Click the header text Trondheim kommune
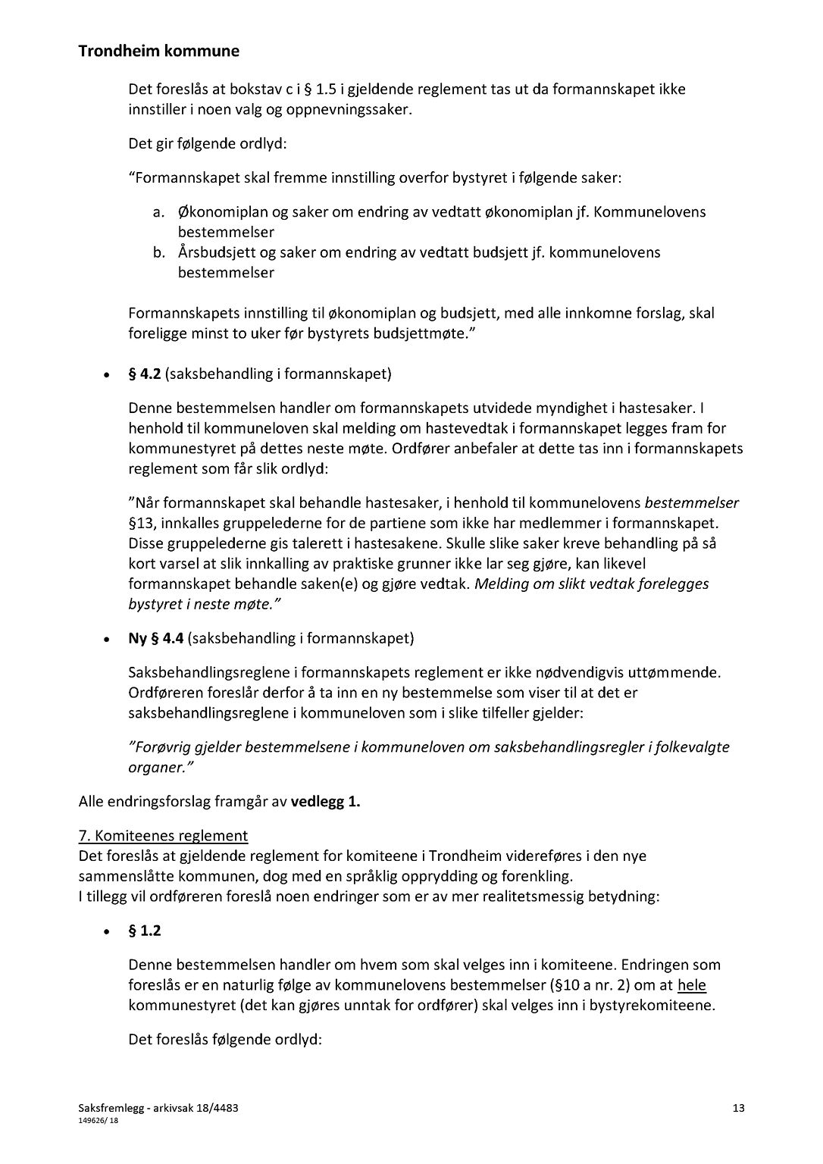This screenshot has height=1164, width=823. click(x=158, y=52)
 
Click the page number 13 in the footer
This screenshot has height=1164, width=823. click(x=739, y=1109)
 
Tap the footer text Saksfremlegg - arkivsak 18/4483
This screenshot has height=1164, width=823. click(x=158, y=1109)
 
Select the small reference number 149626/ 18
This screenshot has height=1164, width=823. click(x=99, y=1121)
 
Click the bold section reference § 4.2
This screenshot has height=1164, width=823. click(x=145, y=374)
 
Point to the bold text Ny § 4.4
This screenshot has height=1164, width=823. click(x=156, y=638)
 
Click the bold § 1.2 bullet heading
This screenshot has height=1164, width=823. click(x=145, y=931)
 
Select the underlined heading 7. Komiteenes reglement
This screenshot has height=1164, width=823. click(x=163, y=836)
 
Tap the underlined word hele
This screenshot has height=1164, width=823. click(x=692, y=985)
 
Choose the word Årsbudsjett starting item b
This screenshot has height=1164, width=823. click(x=220, y=252)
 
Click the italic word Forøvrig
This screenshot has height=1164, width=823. click(x=160, y=747)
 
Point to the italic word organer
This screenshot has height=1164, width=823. click(x=155, y=767)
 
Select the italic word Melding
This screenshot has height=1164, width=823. click(x=502, y=584)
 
